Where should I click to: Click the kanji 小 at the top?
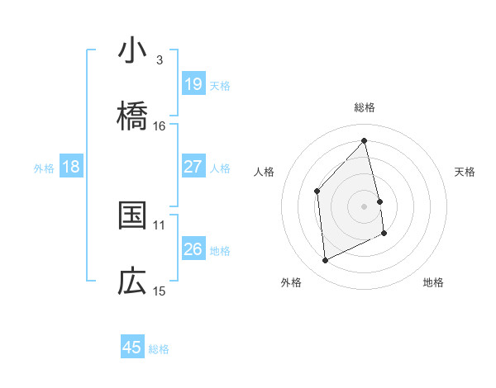132,51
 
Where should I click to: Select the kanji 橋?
132,116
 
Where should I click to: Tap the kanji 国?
132,215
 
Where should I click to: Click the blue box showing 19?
193,84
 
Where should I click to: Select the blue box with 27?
193,167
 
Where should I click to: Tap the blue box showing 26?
193,249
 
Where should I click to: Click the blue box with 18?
71,167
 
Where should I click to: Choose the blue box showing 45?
132,348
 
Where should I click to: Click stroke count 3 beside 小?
159,59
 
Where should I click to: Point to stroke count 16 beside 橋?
160,125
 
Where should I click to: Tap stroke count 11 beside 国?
160,225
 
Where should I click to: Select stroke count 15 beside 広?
160,291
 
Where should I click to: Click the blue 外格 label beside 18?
44,168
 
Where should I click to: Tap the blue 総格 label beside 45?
159,348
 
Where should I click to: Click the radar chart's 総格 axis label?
365,107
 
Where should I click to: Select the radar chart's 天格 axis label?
465,172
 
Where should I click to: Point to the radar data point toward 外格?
325,261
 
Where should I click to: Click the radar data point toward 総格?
365,141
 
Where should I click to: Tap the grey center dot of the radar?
365,206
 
